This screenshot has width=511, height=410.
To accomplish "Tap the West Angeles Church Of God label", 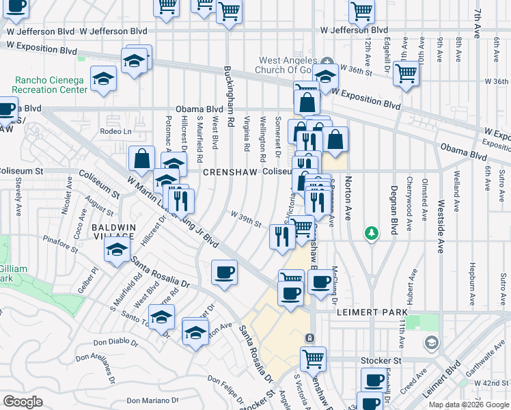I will coord(294,65).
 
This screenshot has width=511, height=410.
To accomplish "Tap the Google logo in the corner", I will coord(23,401).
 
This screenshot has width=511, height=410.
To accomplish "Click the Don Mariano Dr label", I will coord(151,400).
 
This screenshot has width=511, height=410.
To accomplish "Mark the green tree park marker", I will coord(371,234).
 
